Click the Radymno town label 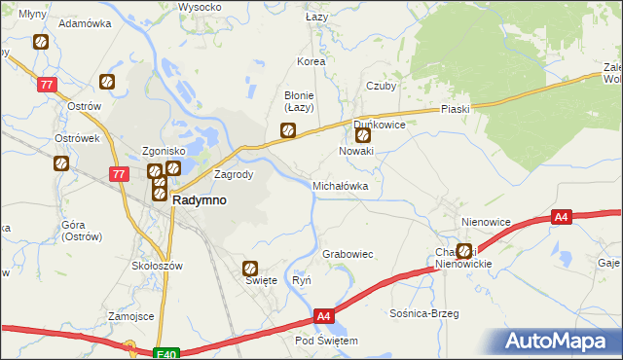pos(200,199)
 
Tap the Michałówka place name pos(340,184)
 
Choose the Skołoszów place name pos(157,265)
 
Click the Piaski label pos(455,109)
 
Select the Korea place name pos(311,61)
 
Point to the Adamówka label pos(82,22)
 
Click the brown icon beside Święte pos(250,269)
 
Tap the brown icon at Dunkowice pos(363,136)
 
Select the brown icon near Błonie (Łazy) pos(287,128)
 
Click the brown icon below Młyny pos(40,42)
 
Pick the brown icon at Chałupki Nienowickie pos(464,251)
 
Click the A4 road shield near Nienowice pos(561,218)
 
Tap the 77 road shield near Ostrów pos(47,86)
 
